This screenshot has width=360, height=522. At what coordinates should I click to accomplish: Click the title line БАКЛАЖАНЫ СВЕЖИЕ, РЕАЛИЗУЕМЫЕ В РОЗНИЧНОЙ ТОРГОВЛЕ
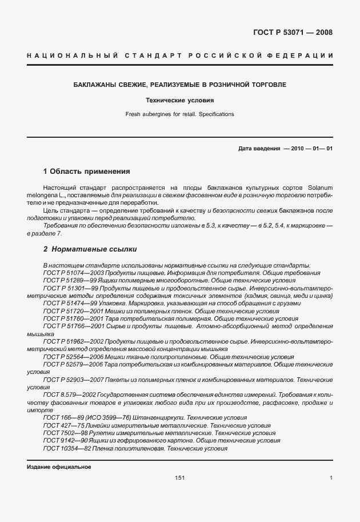(x=180, y=85)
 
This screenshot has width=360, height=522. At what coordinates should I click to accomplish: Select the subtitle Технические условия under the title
(x=180, y=100)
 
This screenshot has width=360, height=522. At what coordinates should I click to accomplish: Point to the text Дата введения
(x=259, y=149)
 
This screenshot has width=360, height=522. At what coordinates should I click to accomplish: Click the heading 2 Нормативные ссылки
(x=90, y=249)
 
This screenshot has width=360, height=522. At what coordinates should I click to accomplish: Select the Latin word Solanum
(x=319, y=188)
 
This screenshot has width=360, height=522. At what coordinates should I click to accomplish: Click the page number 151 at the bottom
(x=180, y=478)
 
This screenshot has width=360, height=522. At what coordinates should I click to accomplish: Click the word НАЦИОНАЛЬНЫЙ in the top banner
(x=73, y=55)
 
